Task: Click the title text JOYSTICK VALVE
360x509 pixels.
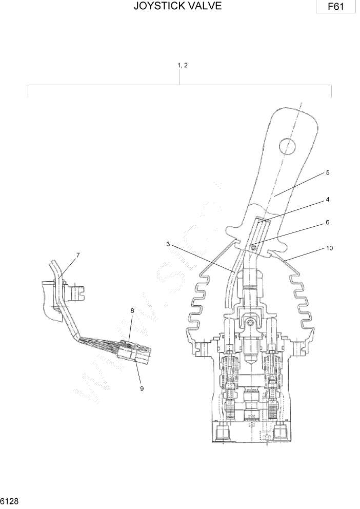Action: (177, 7)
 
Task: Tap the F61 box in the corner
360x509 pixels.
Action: (336, 7)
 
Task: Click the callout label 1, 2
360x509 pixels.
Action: (182, 65)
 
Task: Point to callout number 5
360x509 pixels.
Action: (327, 173)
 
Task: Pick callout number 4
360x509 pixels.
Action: (327, 200)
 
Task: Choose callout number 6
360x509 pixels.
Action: (327, 223)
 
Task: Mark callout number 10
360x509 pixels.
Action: (329, 248)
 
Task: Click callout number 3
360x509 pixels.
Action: (168, 244)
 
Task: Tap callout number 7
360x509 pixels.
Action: (78, 254)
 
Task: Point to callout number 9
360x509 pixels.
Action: (142, 388)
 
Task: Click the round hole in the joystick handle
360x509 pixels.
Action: (286, 146)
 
